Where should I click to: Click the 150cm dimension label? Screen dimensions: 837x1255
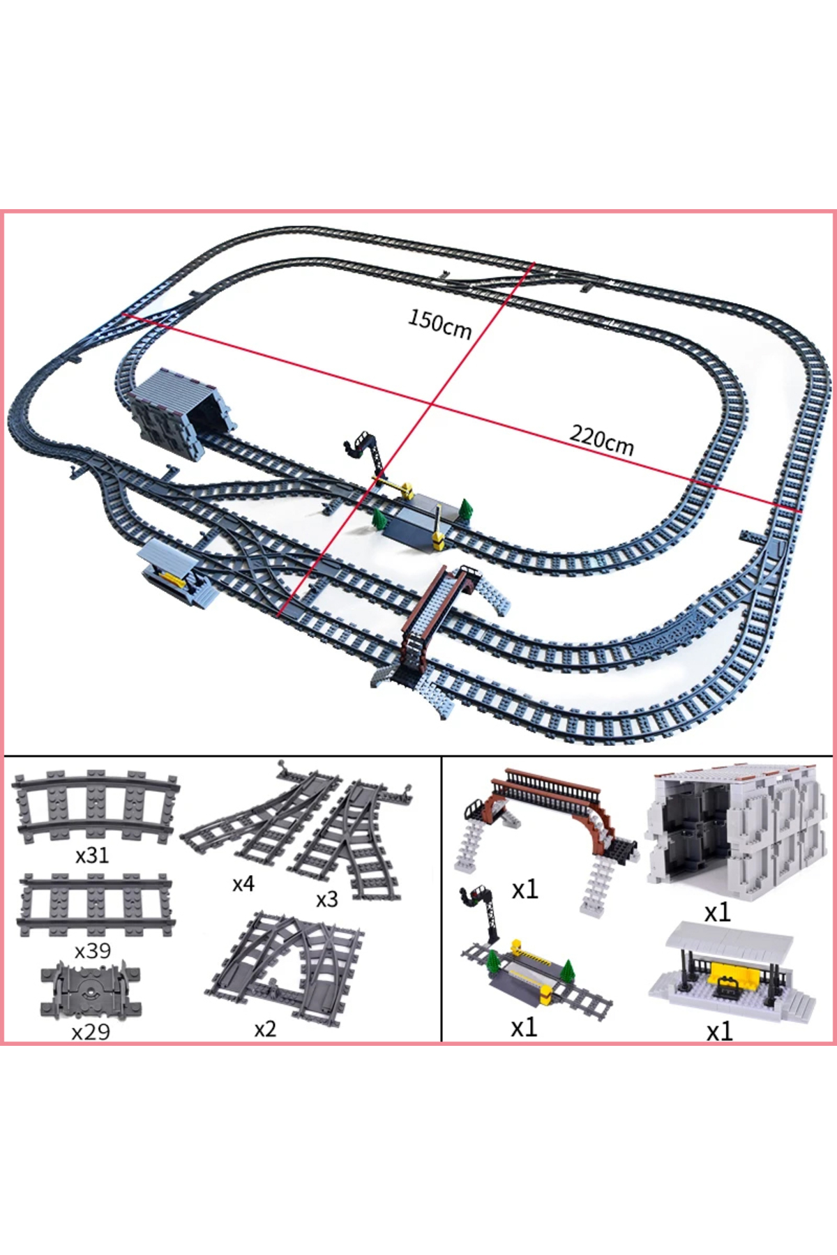tap(440, 324)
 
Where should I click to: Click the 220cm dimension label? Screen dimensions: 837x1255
tap(602, 440)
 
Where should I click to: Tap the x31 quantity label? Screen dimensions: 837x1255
tap(92, 855)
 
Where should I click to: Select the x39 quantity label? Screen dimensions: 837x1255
tap(93, 950)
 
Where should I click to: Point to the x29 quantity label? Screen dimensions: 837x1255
tap(91, 1031)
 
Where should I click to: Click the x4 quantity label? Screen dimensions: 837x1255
tap(243, 884)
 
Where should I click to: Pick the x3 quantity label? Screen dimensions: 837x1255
tap(326, 899)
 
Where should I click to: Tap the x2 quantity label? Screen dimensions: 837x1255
tap(265, 1029)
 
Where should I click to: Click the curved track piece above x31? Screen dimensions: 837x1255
tap(96, 806)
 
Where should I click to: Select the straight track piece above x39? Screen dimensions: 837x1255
tap(96, 906)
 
